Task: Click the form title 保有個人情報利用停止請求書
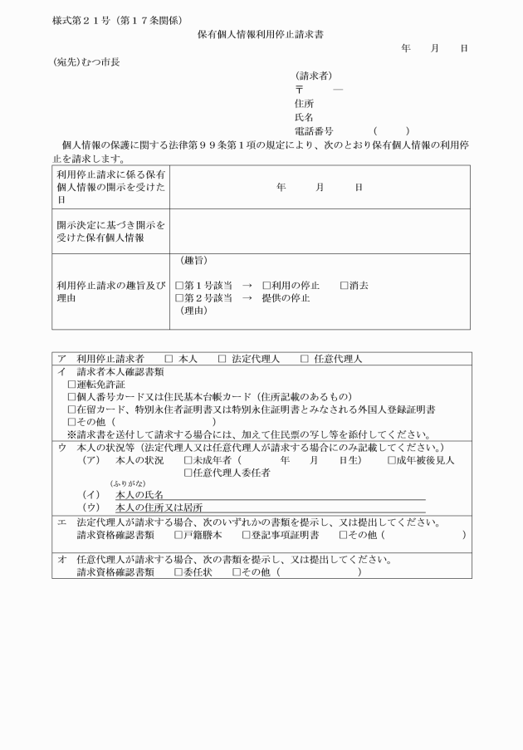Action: [x=261, y=35]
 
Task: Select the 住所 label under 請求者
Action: [x=304, y=103]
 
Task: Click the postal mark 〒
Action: [x=299, y=89]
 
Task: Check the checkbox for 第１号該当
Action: [x=179, y=285]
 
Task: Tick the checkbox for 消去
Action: [x=344, y=285]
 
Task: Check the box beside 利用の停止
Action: [x=266, y=285]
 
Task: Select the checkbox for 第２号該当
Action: [x=179, y=297]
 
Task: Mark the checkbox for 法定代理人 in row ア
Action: [x=222, y=360]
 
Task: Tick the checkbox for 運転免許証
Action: [x=71, y=385]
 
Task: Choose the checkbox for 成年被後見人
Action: [x=392, y=460]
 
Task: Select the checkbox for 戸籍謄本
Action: [x=178, y=535]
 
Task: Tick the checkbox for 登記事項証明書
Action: [x=246, y=535]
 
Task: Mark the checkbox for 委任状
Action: [x=178, y=572]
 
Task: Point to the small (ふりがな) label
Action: [x=125, y=483]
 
